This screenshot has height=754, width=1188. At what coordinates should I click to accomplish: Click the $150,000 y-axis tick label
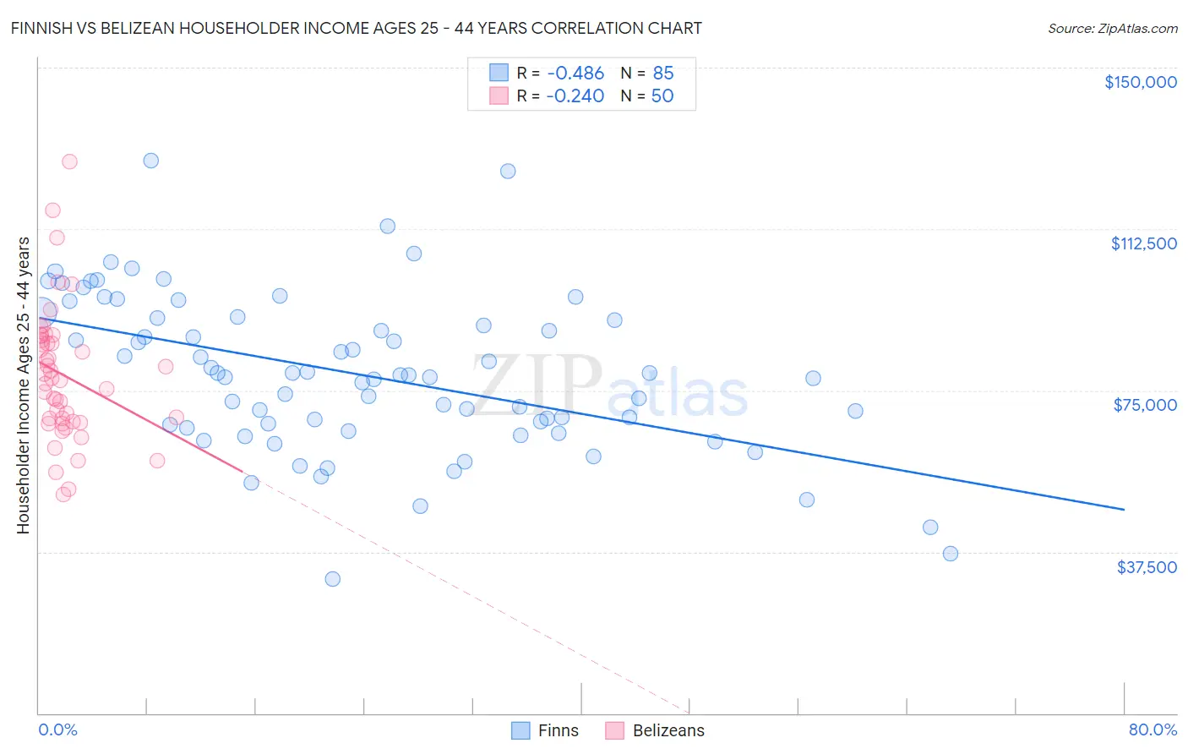click(1140, 82)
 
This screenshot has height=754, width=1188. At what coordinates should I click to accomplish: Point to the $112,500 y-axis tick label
click(1143, 243)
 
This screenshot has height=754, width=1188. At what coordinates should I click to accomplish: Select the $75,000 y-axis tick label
click(1145, 405)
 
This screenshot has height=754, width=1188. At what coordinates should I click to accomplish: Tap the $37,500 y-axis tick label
click(1147, 567)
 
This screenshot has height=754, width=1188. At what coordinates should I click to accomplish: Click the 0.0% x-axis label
click(57, 729)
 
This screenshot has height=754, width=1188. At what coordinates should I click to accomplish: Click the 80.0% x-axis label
click(1153, 729)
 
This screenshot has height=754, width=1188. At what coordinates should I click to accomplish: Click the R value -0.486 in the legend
click(575, 74)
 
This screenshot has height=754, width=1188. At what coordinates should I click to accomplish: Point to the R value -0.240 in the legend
click(575, 96)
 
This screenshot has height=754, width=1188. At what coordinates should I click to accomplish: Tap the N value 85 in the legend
click(663, 74)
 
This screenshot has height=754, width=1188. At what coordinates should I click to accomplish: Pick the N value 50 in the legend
click(662, 96)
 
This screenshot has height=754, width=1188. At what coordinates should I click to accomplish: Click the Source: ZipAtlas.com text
click(1112, 29)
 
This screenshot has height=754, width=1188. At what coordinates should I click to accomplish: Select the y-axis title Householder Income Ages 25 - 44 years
click(23, 385)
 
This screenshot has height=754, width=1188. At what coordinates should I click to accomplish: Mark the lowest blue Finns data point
click(333, 579)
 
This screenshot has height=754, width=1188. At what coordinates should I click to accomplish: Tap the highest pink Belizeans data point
click(70, 161)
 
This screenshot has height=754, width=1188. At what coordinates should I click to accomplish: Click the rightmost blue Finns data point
click(951, 554)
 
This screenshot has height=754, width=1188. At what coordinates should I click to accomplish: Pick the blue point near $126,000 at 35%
click(508, 171)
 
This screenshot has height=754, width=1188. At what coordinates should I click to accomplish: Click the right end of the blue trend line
click(1124, 510)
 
